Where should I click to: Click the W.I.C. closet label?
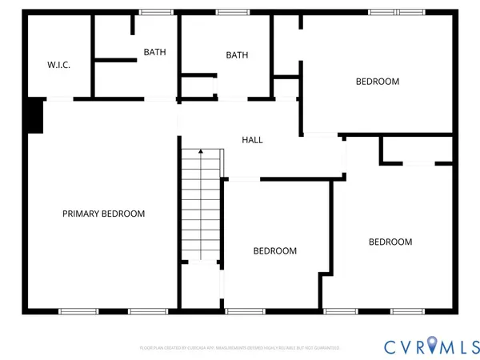point(58,65)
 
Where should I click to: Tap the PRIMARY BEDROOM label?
point(104,214)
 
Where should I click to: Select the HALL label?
point(252,140)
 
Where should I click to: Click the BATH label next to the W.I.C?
point(155,52)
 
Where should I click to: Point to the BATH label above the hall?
point(237,55)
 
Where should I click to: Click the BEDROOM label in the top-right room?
point(378,82)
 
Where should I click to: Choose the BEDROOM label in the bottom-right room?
point(390,242)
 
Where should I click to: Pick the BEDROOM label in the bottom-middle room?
point(275,250)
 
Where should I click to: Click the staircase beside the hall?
point(200,208)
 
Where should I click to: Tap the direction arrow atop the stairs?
point(200,150)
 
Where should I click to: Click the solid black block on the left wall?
point(34,116)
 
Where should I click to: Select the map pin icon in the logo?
point(433,346)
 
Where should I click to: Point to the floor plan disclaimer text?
point(240,348)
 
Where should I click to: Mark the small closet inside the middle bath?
point(197,86)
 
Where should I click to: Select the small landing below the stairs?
point(200,286)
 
